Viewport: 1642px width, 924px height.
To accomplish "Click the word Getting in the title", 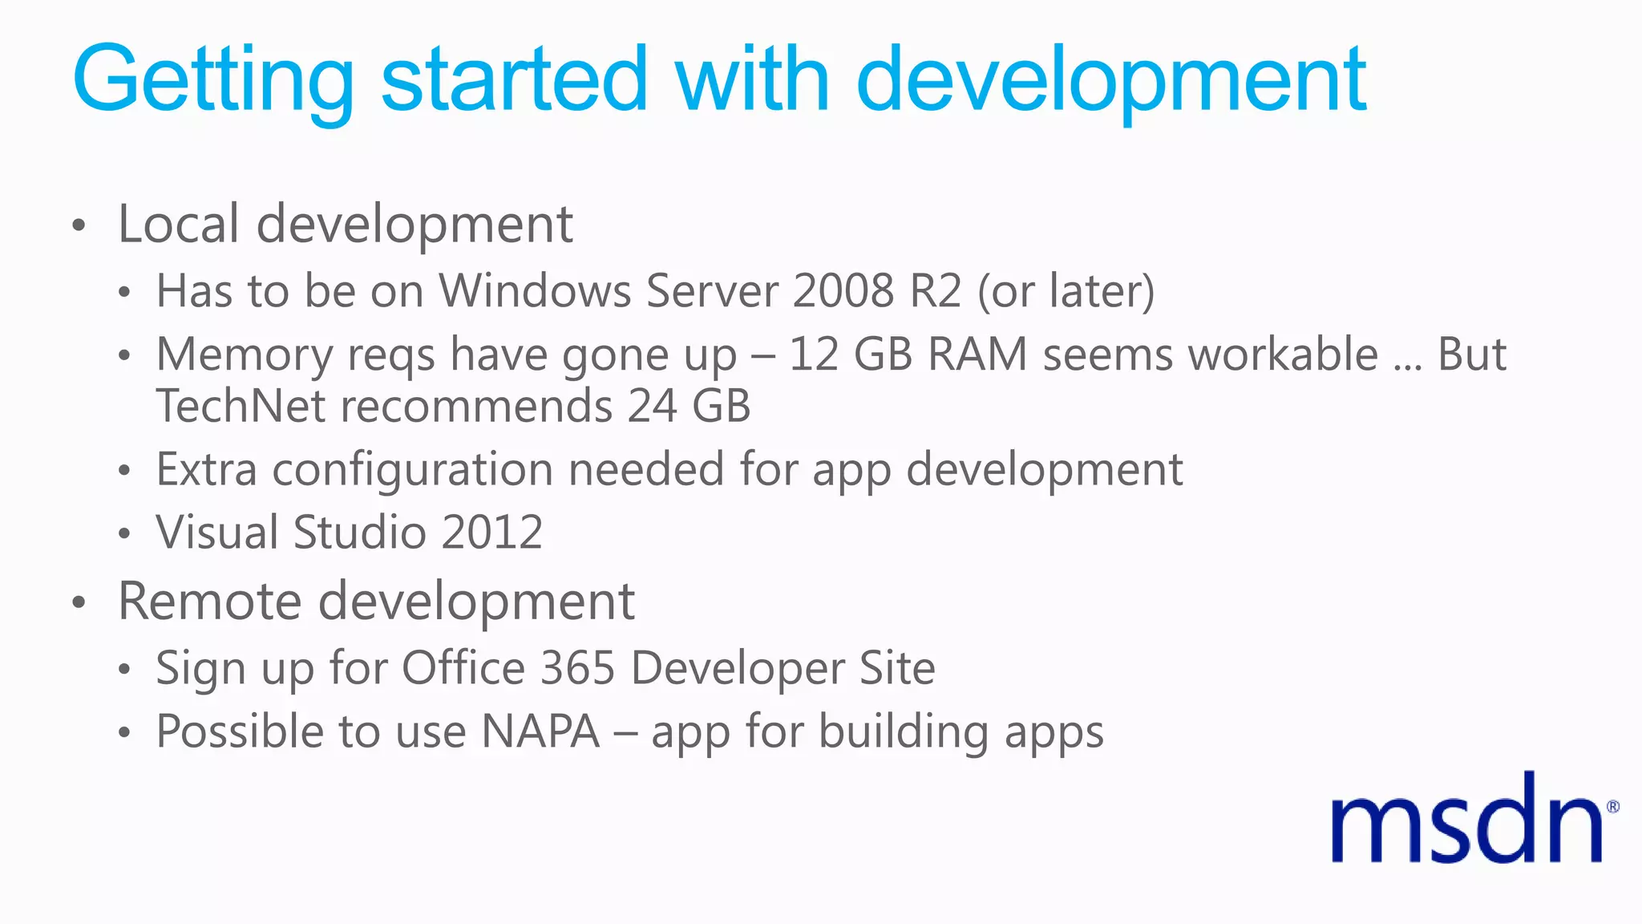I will pos(213,80).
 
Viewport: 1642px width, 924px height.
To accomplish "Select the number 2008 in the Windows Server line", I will pos(843,290).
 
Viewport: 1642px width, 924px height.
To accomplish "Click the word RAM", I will pos(977,355).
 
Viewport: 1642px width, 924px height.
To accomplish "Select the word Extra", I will pos(206,469).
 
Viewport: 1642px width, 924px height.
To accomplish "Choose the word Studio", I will pos(359,533).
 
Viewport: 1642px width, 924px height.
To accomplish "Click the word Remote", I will pos(210,601).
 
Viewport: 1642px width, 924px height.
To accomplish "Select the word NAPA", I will pos(540,731).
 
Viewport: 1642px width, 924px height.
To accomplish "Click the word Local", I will pos(178,224).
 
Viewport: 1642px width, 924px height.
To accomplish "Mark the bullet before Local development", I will pos(78,225).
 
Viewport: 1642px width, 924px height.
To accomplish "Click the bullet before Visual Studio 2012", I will pos(123,534).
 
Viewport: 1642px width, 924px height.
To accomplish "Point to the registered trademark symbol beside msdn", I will pos(1612,807).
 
